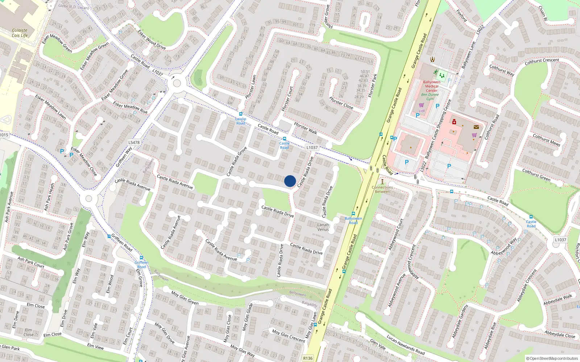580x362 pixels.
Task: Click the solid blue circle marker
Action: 290,181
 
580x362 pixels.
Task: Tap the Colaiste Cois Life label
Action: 20,33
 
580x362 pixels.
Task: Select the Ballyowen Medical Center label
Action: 432,86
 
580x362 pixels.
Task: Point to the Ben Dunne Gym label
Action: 430,97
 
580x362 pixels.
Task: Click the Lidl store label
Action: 422,110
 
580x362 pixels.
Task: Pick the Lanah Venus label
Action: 323,227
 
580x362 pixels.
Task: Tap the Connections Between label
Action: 382,189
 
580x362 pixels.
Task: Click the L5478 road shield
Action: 134,142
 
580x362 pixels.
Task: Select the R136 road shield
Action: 308,358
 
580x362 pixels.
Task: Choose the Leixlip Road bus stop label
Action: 241,121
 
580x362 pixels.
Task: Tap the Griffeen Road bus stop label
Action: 141,265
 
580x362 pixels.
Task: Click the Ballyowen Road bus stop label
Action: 353,220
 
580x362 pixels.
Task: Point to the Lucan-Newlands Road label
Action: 405,344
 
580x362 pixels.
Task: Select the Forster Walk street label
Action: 305,128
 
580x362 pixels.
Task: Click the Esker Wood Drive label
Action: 152,39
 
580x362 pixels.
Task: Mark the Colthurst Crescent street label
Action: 542,62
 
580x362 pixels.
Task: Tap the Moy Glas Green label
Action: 185,298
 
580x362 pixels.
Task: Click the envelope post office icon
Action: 476,127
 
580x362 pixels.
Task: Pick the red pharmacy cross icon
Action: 454,122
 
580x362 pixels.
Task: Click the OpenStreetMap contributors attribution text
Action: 552,358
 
